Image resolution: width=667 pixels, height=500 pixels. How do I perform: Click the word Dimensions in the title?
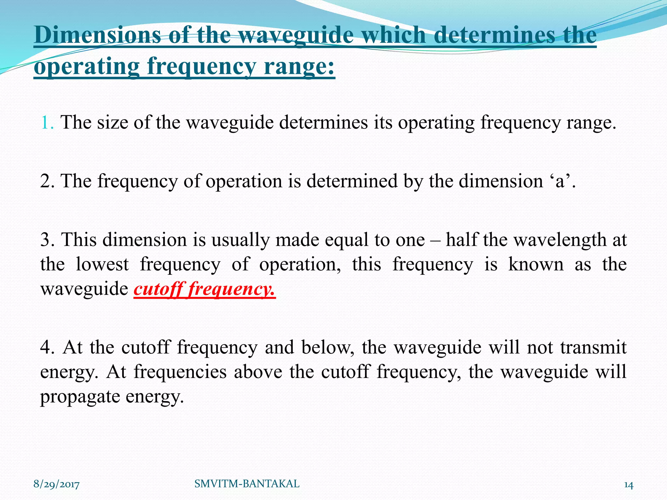(x=97, y=35)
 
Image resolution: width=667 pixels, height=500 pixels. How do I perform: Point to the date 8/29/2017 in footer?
(x=56, y=485)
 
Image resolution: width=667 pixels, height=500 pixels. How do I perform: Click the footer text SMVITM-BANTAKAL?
(x=247, y=484)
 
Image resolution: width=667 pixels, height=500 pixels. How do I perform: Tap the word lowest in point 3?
(x=102, y=264)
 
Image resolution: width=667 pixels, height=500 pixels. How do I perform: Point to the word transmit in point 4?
(x=593, y=347)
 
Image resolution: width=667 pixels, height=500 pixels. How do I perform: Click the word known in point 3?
(x=536, y=264)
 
